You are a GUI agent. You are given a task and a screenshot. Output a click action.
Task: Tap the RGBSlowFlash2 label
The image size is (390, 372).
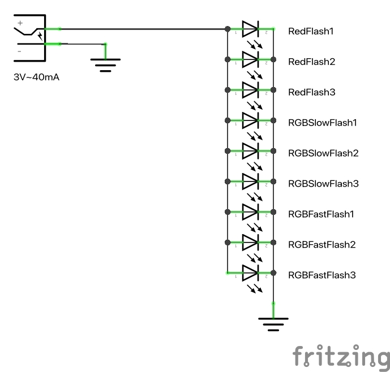(x=322, y=153)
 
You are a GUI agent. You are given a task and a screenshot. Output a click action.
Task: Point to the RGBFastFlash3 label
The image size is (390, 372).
(x=322, y=275)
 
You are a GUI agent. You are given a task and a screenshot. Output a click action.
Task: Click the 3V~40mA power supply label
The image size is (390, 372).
(x=36, y=77)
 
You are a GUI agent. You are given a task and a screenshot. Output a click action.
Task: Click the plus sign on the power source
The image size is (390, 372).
(x=20, y=23)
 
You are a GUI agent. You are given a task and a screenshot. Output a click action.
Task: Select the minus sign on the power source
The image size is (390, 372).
(x=20, y=51)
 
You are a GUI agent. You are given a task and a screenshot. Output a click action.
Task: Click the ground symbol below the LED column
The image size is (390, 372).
(x=273, y=322)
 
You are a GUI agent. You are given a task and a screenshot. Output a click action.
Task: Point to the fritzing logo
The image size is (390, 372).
(x=341, y=356)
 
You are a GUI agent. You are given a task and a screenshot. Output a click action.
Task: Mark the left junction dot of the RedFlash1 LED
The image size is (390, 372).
(x=227, y=29)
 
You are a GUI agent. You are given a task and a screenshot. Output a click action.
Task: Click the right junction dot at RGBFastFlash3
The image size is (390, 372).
(x=273, y=273)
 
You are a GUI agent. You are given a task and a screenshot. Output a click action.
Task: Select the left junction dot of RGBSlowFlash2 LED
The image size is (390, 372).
(x=227, y=151)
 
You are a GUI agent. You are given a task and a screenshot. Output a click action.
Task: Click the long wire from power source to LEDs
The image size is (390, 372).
(x=142, y=29)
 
